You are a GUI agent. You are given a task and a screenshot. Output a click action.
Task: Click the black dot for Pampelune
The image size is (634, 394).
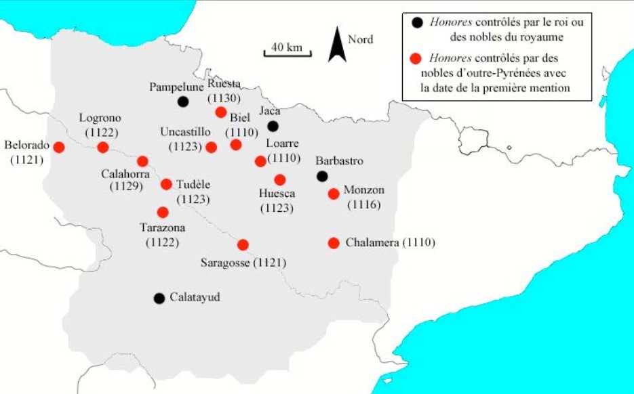[182, 102]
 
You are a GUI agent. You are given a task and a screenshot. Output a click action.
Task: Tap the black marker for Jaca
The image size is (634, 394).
[273, 126]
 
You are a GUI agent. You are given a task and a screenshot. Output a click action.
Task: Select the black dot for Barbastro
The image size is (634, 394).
[323, 177]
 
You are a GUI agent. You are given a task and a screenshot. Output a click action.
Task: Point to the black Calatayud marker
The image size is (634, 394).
[159, 298]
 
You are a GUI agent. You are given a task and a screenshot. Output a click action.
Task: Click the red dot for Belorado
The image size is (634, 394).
[59, 147]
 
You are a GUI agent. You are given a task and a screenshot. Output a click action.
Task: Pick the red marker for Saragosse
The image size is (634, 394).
[243, 244]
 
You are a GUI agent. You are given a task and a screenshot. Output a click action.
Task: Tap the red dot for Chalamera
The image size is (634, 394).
[333, 243]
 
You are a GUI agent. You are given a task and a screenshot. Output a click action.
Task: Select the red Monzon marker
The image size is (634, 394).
[333, 194]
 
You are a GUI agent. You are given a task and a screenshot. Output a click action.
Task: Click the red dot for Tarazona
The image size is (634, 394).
[163, 212]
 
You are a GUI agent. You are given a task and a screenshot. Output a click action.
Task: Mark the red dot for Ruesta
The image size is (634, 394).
[220, 112]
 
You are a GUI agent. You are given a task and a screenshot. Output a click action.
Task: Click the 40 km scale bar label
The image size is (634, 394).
[286, 47]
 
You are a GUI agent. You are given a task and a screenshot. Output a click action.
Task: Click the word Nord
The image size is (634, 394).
[361, 39]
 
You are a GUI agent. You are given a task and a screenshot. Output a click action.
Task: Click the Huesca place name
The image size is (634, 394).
[277, 194]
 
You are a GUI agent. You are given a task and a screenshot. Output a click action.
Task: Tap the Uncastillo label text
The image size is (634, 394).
[185, 131]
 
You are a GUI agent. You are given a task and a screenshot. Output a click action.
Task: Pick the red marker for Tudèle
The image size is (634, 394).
[166, 184]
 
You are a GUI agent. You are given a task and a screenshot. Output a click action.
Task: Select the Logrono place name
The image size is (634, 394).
[99, 117]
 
